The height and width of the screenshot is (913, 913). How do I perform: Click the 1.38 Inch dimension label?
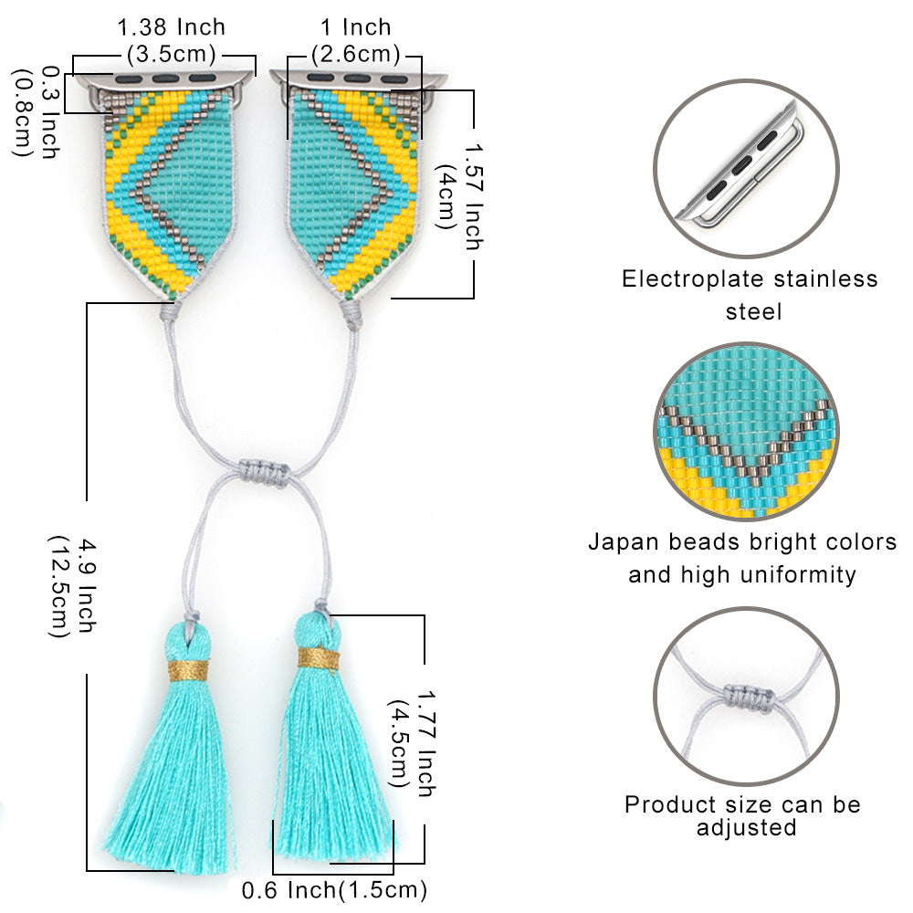click(x=172, y=28)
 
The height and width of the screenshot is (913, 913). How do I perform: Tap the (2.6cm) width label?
click(x=355, y=54)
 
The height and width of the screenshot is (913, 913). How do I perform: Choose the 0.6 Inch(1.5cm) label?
click(x=334, y=888)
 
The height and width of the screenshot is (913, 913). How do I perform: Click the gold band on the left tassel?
click(x=190, y=671)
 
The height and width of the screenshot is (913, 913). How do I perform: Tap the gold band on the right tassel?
click(x=318, y=659)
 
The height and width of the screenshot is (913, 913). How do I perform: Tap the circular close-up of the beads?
click(x=746, y=433)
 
